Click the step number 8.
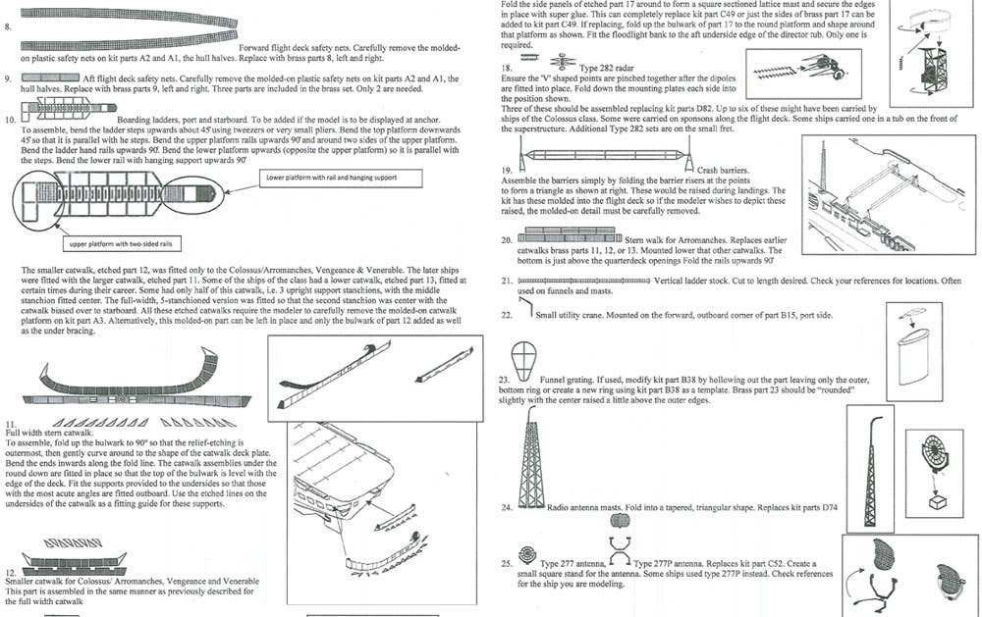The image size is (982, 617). pyautogui.click(x=8, y=26)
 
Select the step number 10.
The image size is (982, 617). pyautogui.click(x=10, y=120)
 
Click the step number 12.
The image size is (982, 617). pyautogui.click(x=10, y=572)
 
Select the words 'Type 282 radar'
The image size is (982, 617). pyautogui.click(x=605, y=68)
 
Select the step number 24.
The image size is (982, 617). pyautogui.click(x=507, y=508)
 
